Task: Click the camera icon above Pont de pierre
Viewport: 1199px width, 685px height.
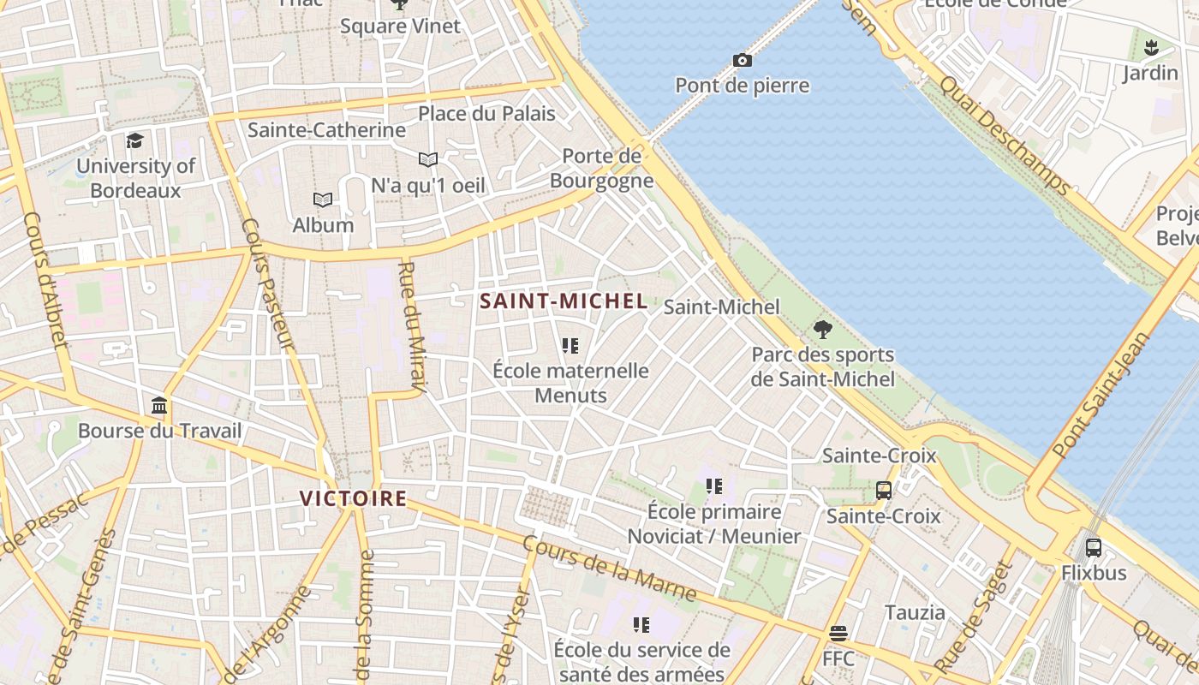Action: tap(743, 60)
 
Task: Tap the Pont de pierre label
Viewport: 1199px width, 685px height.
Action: tap(742, 86)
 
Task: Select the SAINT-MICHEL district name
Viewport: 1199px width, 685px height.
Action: tap(563, 301)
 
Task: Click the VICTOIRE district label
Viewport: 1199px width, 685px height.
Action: tap(353, 498)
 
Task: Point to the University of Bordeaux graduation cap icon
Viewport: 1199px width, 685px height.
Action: tap(134, 140)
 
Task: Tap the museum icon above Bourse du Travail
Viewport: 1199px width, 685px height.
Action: tap(159, 405)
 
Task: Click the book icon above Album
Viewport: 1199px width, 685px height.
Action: tap(323, 200)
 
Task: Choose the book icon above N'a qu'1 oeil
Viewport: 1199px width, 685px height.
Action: tap(428, 159)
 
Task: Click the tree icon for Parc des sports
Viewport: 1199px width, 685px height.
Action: tap(823, 329)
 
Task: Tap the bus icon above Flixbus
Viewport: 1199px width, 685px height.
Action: tap(1094, 547)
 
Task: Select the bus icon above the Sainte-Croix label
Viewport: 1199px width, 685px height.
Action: tap(884, 491)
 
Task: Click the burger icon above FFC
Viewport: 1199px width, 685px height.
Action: tap(838, 634)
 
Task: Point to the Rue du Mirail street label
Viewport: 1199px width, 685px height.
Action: tap(412, 328)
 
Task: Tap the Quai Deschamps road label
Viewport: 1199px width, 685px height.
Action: tap(1004, 134)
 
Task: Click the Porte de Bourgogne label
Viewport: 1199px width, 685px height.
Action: tap(601, 168)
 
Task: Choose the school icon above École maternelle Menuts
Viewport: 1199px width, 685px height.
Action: tap(570, 346)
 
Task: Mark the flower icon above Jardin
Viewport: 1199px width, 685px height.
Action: tap(1151, 47)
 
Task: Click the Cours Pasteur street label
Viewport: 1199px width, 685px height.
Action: tap(267, 284)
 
